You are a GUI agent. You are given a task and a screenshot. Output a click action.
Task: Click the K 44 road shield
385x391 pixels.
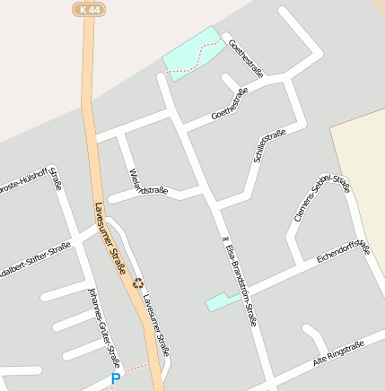pyautogui.click(x=86, y=8)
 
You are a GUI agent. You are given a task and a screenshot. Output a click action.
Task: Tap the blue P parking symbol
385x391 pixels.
pyautogui.click(x=115, y=379)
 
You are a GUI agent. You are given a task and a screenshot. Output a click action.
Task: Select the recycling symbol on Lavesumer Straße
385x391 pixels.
pyautogui.click(x=138, y=282)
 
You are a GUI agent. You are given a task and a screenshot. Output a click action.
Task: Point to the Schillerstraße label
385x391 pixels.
pyautogui.click(x=270, y=145)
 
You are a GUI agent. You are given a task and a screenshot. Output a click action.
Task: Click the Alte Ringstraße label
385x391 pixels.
pyautogui.click(x=337, y=353)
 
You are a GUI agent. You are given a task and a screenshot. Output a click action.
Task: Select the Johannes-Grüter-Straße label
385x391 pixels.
pyautogui.click(x=104, y=327)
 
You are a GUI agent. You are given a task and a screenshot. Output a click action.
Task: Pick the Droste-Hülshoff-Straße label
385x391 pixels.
pyautogui.click(x=31, y=179)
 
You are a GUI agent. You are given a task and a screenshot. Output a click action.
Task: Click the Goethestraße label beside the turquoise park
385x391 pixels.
pyautogui.click(x=243, y=54)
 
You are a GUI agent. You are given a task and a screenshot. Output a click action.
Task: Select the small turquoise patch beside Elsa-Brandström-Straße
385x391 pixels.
pyautogui.click(x=217, y=301)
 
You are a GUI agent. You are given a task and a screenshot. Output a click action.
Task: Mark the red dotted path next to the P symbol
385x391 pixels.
pyautogui.click(x=135, y=368)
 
